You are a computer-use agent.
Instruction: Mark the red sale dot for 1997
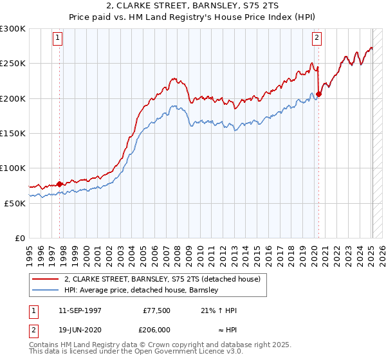60,184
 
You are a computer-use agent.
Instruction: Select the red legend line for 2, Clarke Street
46,279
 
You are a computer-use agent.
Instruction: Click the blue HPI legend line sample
46,290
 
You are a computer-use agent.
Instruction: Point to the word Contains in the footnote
46,345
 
